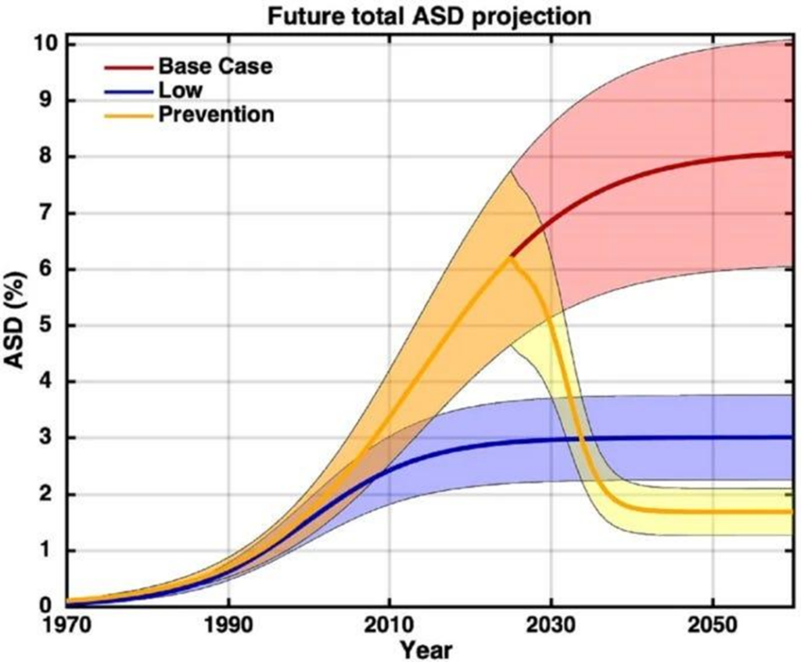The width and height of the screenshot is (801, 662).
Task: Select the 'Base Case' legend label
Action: (215, 66)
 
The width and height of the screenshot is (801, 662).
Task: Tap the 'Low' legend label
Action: (180, 90)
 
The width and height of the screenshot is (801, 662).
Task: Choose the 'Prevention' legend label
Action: (216, 114)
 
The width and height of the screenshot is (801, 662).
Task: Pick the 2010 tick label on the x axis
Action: (390, 626)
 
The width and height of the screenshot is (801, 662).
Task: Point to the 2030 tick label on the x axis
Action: (551, 626)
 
